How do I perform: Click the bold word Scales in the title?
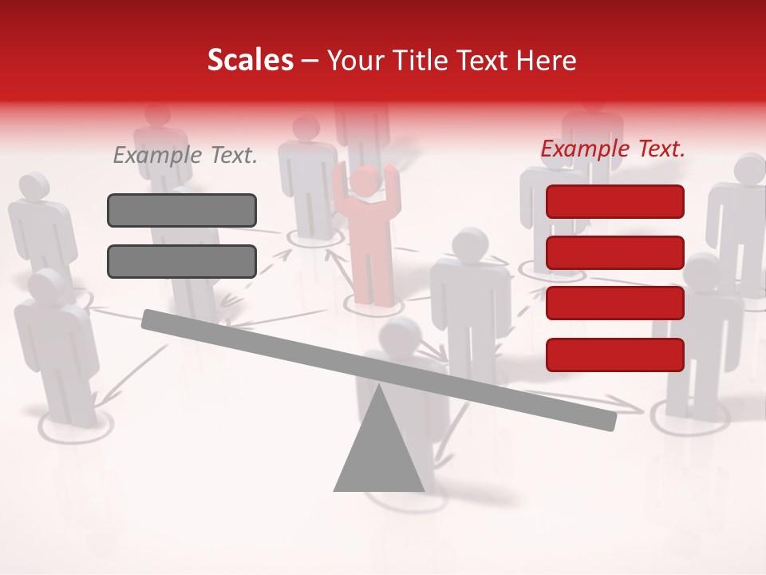coord(251,61)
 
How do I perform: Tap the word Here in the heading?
coord(544,61)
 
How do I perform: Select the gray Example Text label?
coord(185,156)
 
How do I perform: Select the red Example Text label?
coord(613,149)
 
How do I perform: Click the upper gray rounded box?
coord(182,211)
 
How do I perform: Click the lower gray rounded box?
coord(182,261)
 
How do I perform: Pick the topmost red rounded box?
coord(615,201)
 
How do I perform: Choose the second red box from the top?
coord(615,252)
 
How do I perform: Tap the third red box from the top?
coord(615,303)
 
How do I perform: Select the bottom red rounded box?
coord(615,355)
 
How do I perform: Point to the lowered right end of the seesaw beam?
coord(608,421)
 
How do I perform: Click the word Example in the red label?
coord(586,149)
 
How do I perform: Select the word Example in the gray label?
coord(158,156)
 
